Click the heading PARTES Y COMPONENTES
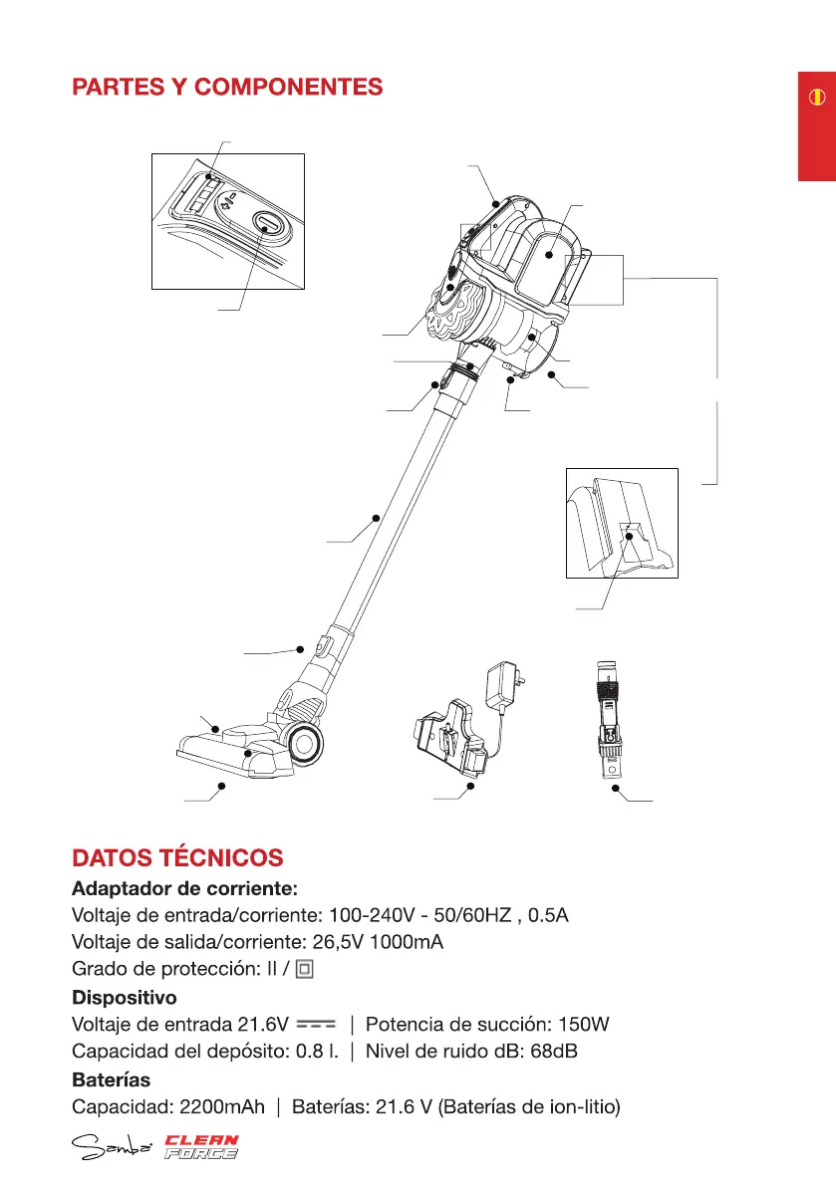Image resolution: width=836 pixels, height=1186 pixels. pyautogui.click(x=227, y=88)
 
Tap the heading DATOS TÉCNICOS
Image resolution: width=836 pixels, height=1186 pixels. pyautogui.click(x=177, y=857)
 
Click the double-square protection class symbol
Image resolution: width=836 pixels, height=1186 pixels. pyautogui.click(x=306, y=968)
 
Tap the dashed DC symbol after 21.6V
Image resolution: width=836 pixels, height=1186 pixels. pyautogui.click(x=317, y=1024)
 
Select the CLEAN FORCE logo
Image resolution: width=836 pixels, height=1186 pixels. pyautogui.click(x=201, y=1147)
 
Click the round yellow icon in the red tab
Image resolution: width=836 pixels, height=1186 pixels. pyautogui.click(x=816, y=98)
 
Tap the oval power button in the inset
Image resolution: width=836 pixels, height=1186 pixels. pyautogui.click(x=266, y=223)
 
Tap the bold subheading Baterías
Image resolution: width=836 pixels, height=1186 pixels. pyautogui.click(x=110, y=1078)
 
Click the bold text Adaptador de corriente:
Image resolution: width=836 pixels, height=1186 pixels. pyautogui.click(x=184, y=887)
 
